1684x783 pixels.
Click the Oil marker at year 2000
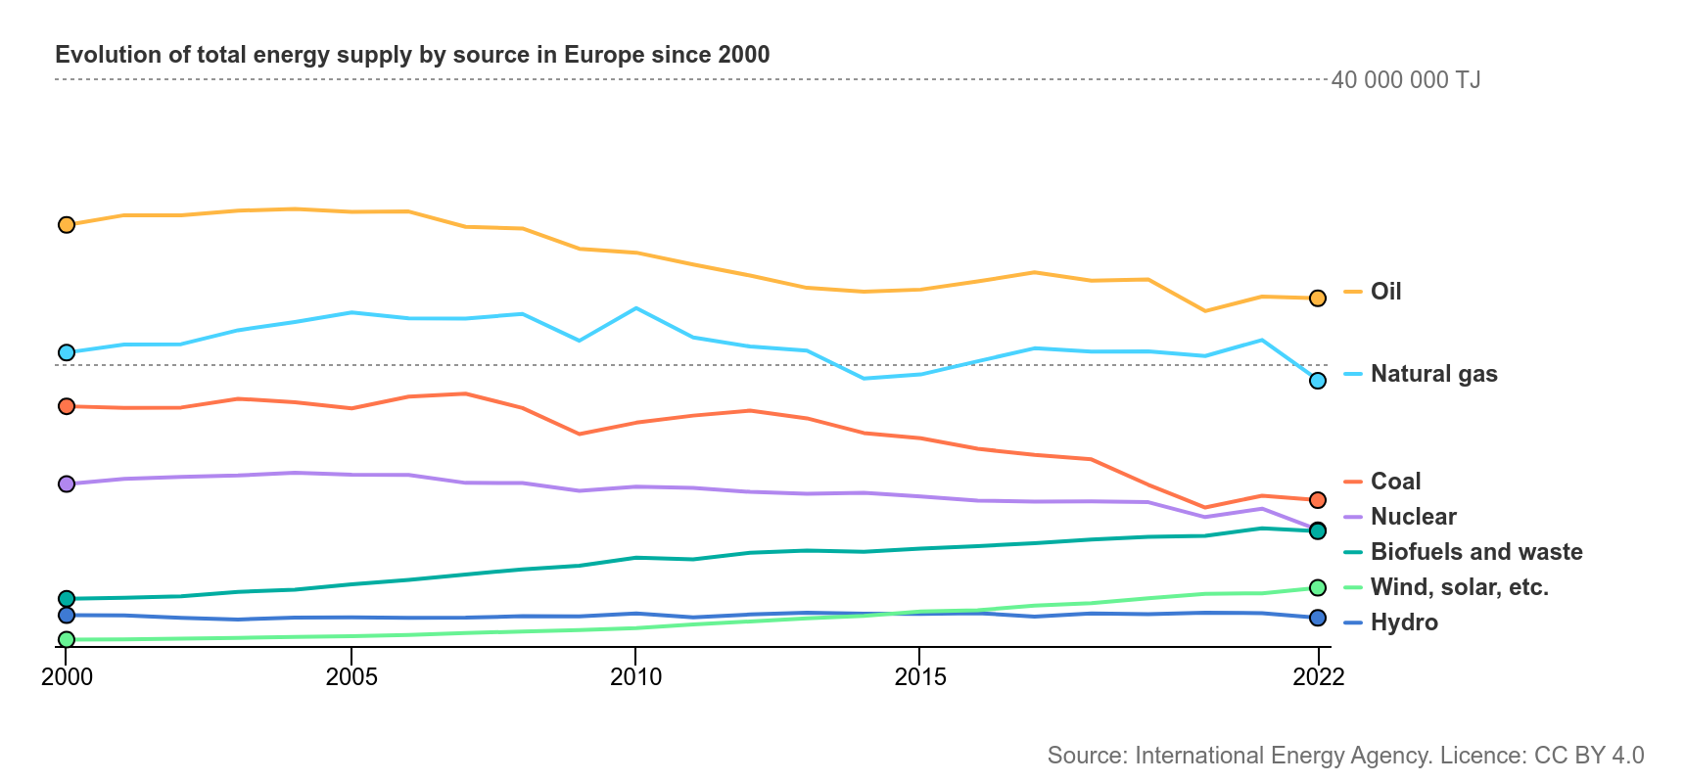(67, 225)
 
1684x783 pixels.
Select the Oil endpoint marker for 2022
(1318, 299)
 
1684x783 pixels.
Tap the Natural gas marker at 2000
(67, 352)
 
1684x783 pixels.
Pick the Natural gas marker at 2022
(1318, 381)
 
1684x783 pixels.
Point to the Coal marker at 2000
(67, 406)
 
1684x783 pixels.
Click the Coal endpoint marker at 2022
(1318, 500)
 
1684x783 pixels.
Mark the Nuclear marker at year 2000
(67, 484)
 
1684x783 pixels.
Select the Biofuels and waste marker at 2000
(67, 598)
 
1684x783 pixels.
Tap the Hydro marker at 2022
(1318, 619)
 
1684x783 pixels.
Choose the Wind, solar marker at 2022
(1318, 587)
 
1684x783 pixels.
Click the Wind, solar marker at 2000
(67, 639)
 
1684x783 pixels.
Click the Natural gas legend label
(1433, 374)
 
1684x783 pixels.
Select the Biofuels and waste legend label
(1476, 552)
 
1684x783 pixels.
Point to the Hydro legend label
(1404, 622)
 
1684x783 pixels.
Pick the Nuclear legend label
(1413, 517)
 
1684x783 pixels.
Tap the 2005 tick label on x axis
(351, 676)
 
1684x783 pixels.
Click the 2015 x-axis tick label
(920, 676)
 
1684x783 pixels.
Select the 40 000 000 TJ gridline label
(1406, 80)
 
